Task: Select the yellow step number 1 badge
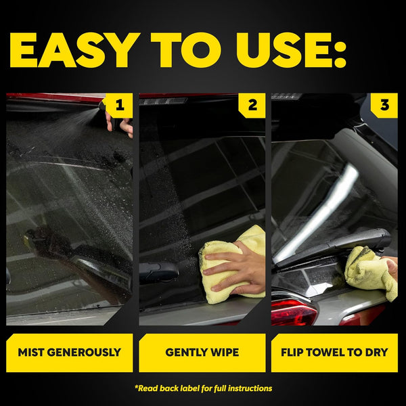click(120, 105)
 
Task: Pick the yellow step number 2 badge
click(252, 105)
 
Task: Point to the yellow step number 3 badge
click(385, 105)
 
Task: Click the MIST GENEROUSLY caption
click(70, 352)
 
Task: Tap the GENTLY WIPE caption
click(202, 352)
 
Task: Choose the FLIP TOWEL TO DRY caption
click(334, 352)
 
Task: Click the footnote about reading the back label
click(203, 388)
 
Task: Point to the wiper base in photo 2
click(158, 272)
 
